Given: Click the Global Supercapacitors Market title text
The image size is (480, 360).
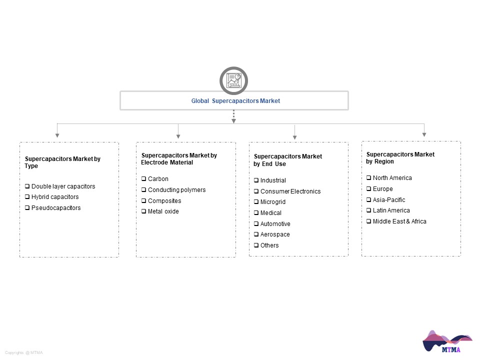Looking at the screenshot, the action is pos(235,100).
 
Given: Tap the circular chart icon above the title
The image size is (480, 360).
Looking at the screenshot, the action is pos(233,80).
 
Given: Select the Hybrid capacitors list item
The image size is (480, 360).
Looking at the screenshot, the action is pos(55,197).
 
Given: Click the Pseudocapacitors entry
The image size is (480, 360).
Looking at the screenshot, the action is pos(56,208).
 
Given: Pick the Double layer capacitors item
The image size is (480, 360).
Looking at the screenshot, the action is pos(63,186).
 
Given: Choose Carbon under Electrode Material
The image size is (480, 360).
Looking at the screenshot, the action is pos(158,179).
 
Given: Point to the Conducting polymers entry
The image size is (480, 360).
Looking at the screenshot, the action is pos(176,190).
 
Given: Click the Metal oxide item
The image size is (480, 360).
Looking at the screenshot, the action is pos(163,211).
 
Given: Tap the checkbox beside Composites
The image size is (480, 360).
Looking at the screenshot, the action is pos(143,200).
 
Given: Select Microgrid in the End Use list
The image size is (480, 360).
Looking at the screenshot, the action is pos(273,202).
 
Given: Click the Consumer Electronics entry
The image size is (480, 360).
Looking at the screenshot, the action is pos(290,191).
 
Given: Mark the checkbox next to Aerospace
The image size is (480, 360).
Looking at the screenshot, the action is pos(256,234).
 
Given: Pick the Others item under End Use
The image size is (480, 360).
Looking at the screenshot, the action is pos(269,245).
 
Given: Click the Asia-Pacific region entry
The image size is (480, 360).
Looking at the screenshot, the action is pos(389,200).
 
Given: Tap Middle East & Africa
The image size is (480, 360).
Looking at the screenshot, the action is pos(399,221).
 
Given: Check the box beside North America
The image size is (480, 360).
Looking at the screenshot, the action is pos(368,177).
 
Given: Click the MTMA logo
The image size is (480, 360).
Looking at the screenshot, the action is pos(447,341).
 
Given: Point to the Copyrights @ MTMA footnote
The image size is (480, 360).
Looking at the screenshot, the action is pos(24,352).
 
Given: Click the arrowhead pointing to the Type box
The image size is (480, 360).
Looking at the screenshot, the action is pos(57,135).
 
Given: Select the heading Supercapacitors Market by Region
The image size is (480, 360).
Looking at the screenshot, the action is pos(400,158).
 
